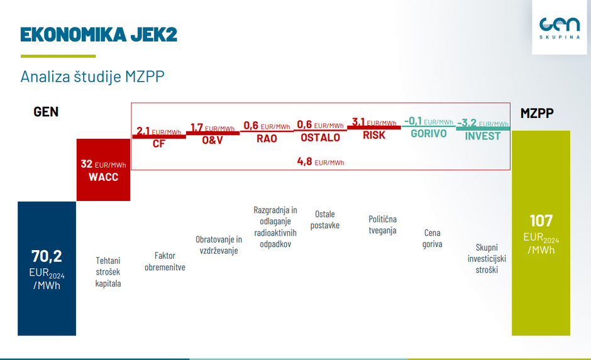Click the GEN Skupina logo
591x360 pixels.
559,27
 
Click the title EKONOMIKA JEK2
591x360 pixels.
99,34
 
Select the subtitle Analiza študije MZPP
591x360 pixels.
92,77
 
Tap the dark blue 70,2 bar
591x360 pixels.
47,268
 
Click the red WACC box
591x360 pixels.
103,170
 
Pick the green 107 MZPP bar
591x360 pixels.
541,232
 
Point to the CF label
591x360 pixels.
159,144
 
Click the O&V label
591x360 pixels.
213,140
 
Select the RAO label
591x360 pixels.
267,138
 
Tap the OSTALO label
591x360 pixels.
320,138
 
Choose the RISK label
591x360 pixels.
374,134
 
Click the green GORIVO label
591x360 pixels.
428,133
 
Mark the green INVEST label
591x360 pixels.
482,136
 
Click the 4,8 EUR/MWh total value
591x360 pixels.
320,162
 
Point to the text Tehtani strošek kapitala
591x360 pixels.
108,272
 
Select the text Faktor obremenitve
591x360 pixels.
165,261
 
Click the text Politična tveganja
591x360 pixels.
382,225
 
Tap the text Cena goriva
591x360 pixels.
432,238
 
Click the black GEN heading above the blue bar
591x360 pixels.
46,112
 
